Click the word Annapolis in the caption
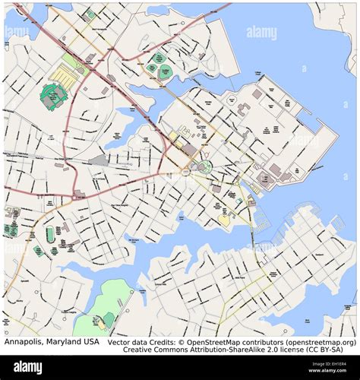pos(23,343)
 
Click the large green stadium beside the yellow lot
pos(54,96)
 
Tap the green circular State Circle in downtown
pos(204,166)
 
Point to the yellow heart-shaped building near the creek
pos(224,220)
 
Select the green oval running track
pos(50,235)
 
